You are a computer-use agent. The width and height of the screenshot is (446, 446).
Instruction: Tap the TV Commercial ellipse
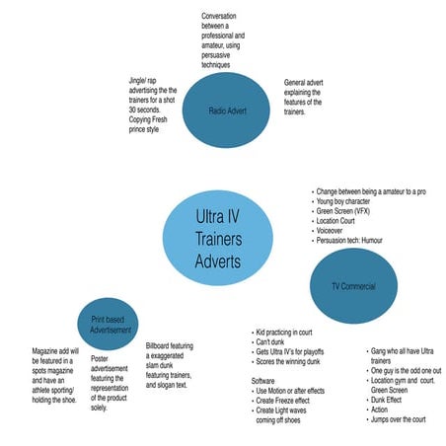click(x=351, y=285)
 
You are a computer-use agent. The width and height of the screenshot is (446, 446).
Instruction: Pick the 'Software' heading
click(x=263, y=381)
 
